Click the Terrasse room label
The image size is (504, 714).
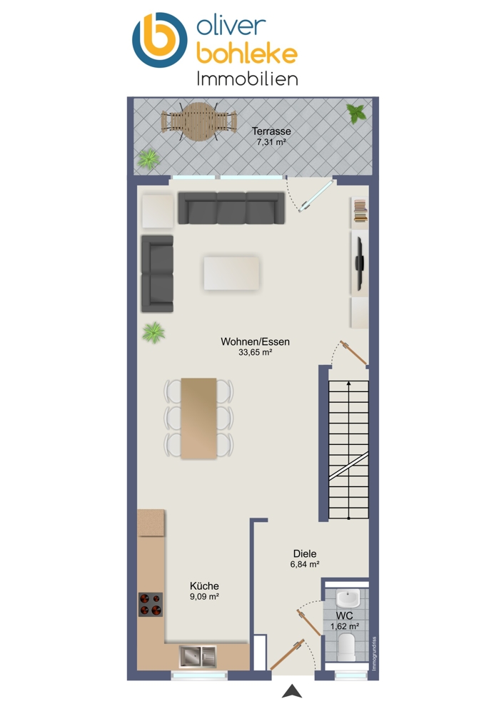pyautogui.click(x=271, y=131)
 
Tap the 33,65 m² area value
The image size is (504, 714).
pyautogui.click(x=255, y=352)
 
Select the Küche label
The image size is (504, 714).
pyautogui.click(x=204, y=586)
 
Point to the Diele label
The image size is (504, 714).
pyautogui.click(x=305, y=554)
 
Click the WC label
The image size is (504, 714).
pyautogui.click(x=345, y=615)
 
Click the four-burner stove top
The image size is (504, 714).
pyautogui.click(x=150, y=604)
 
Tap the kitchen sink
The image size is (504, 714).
pyautogui.click(x=198, y=655)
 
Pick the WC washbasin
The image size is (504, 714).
pyautogui.click(x=348, y=597)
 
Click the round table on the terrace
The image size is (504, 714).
pyautogui.click(x=198, y=121)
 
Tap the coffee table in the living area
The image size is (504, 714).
pyautogui.click(x=231, y=273)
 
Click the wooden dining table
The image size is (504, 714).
pyautogui.click(x=198, y=418)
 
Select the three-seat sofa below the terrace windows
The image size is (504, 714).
pyautogui.click(x=231, y=208)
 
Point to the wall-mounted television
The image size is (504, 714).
pyautogui.click(x=360, y=263)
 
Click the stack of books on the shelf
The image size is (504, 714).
pyautogui.click(x=360, y=211)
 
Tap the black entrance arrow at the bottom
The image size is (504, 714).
pyautogui.click(x=292, y=691)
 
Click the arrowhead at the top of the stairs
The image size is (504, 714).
pyautogui.click(x=349, y=384)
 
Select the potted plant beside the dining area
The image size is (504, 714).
pyautogui.click(x=153, y=333)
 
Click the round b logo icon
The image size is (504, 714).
pyautogui.click(x=160, y=40)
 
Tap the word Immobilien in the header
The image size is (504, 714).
pyautogui.click(x=247, y=79)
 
